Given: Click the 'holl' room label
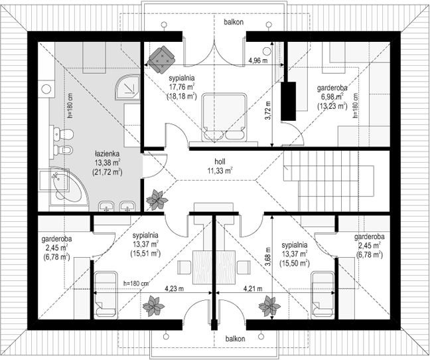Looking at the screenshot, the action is (x=220, y=162).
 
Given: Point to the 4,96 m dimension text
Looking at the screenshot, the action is (x=258, y=60).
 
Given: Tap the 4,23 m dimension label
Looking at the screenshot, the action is (x=174, y=289).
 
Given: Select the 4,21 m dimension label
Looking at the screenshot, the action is (x=253, y=289).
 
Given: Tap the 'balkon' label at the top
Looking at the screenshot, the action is (x=234, y=22).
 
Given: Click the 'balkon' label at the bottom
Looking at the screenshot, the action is (x=235, y=339).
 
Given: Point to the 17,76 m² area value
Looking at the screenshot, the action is (x=182, y=87).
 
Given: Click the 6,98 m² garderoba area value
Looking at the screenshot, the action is (x=332, y=97).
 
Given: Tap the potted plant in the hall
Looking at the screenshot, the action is (x=157, y=199).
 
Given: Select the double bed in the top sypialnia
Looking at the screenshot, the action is (x=224, y=118).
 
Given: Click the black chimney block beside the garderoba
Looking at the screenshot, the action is (x=288, y=101).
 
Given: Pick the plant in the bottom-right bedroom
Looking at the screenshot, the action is (x=269, y=306).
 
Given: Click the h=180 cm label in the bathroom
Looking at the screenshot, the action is (x=70, y=106).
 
